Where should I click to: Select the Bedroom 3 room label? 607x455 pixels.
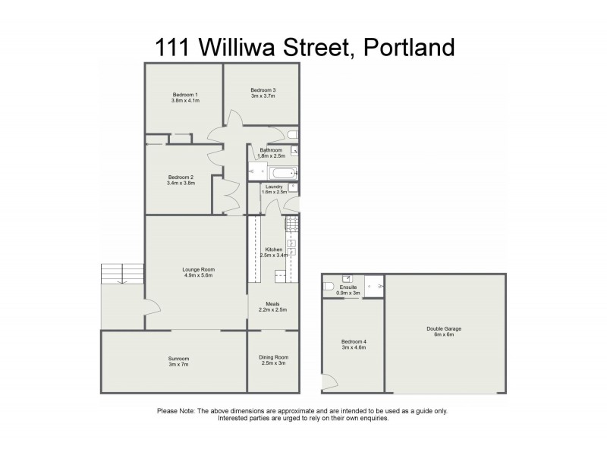coord(263,90)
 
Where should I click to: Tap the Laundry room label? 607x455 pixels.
coord(274,187)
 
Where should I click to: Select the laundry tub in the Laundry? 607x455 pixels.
coord(293,187)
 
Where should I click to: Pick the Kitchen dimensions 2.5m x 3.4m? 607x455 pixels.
coord(273,256)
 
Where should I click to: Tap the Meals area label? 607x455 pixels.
coord(273,303)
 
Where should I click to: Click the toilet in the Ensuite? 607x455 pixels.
coord(328,287)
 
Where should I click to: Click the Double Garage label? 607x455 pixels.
coord(444,328)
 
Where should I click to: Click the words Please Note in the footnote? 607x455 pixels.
coord(175,411)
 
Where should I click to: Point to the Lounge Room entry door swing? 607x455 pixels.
coord(152,307)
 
